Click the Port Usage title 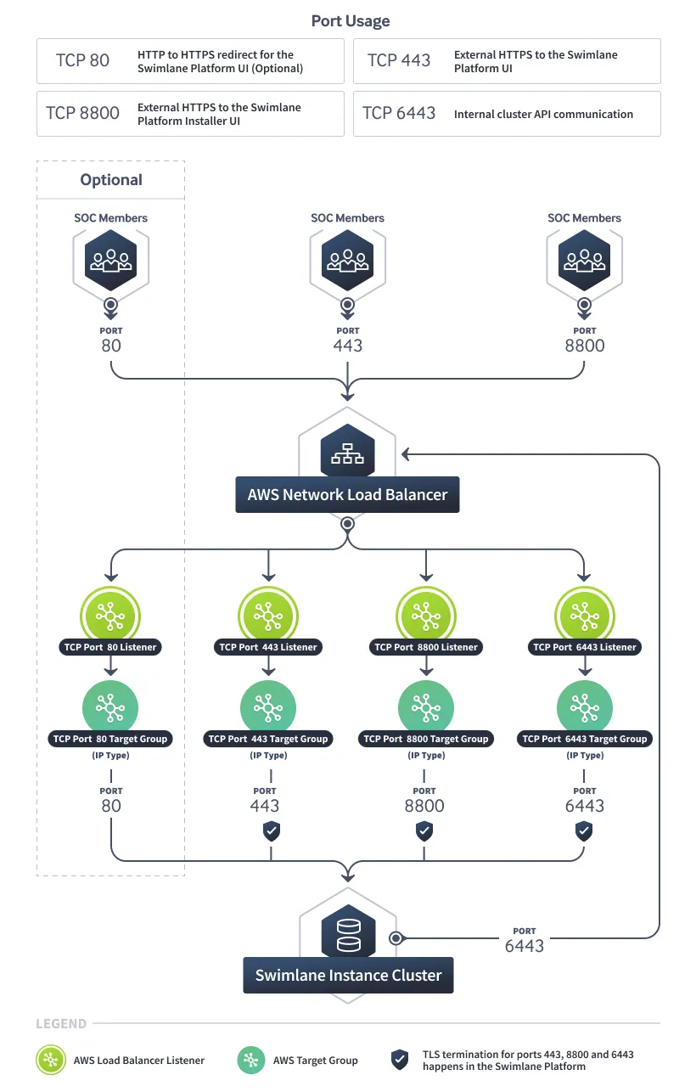pyautogui.click(x=351, y=21)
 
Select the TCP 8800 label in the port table pyautogui.click(x=82, y=113)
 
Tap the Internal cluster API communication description pyautogui.click(x=543, y=114)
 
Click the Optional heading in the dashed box pyautogui.click(x=111, y=180)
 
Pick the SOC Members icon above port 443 pyautogui.click(x=347, y=261)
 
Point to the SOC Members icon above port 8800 pyautogui.click(x=585, y=261)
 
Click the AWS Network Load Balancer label pyautogui.click(x=347, y=494)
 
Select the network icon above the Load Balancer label pyautogui.click(x=347, y=451)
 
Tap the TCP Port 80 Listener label pyautogui.click(x=110, y=647)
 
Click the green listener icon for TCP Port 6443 pyautogui.click(x=585, y=616)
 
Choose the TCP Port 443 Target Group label pyautogui.click(x=268, y=739)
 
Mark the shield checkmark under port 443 pyautogui.click(x=272, y=831)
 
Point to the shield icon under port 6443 pyautogui.click(x=584, y=831)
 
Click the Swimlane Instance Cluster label pyautogui.click(x=349, y=975)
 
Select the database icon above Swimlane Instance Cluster pyautogui.click(x=349, y=933)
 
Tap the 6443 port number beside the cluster pyautogui.click(x=524, y=946)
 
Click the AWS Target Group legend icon pyautogui.click(x=251, y=1060)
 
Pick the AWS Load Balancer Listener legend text pyautogui.click(x=139, y=1061)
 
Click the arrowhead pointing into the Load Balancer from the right pyautogui.click(x=405, y=454)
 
